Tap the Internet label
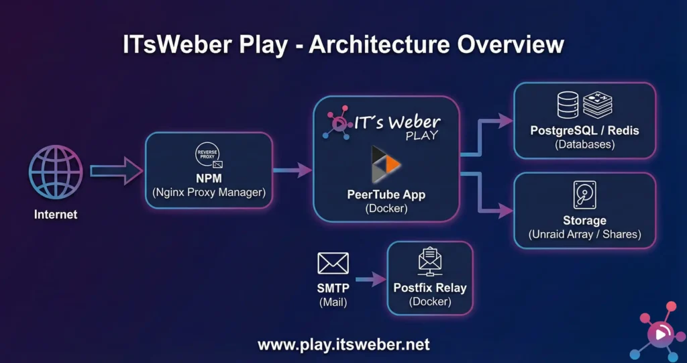click(56, 215)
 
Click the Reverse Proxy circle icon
click(209, 154)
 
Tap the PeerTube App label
click(386, 195)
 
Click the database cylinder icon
click(568, 105)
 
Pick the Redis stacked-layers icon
click(598, 105)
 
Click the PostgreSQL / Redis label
click(585, 130)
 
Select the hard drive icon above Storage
click(584, 195)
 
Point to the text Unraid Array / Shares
click(585, 234)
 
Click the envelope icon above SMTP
click(333, 263)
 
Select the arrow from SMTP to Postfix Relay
click(368, 278)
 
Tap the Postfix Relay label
click(430, 288)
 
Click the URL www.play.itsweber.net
click(343, 345)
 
